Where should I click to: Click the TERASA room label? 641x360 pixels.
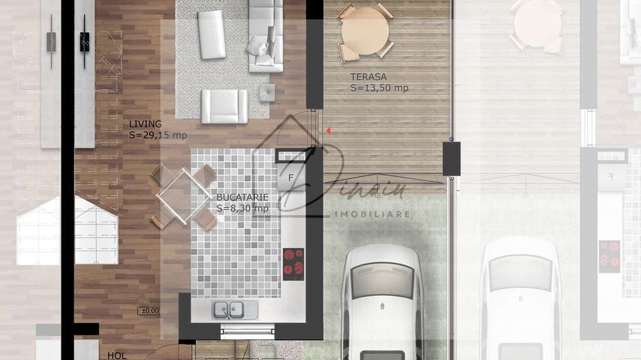coord(368,77)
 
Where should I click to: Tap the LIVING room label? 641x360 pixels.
coord(145,124)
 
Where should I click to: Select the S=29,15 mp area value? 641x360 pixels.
coord(157,135)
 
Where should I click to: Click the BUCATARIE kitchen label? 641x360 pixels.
coord(242,197)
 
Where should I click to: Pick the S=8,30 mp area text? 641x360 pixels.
coord(242,208)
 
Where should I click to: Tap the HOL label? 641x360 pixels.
coord(117,355)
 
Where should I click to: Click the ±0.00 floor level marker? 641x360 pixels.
coord(148,311)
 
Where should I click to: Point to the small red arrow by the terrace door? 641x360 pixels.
coord(329,130)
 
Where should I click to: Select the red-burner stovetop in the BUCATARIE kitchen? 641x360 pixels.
coord(294,263)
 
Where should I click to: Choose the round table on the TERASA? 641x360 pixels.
coord(365,31)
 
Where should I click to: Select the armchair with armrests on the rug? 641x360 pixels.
coord(223,107)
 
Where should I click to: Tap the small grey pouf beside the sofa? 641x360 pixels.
coord(267,91)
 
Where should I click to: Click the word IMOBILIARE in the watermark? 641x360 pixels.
coord(371,214)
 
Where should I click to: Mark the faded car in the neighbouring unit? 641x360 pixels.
coord(519,301)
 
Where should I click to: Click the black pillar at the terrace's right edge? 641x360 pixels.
coord(451,158)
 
